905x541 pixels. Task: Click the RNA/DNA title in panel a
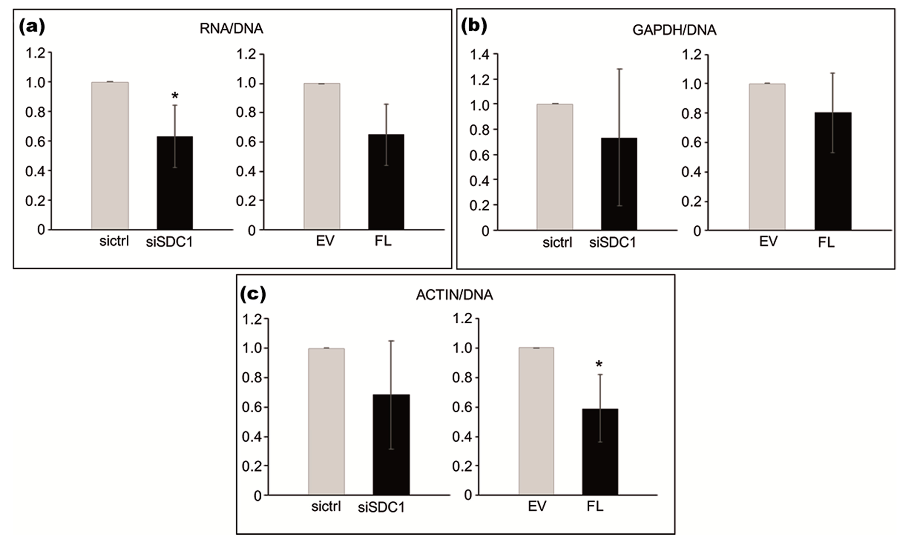(x=231, y=29)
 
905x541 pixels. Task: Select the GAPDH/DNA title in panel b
(x=674, y=30)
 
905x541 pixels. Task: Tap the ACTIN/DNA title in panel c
(x=454, y=295)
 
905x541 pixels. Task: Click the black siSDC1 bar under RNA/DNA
(x=175, y=183)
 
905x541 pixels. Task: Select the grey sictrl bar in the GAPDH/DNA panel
(x=554, y=167)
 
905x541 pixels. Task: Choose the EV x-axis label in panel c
(x=537, y=506)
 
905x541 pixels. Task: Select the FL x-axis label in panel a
(x=383, y=241)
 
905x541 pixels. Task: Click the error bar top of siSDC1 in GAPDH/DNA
(x=620, y=69)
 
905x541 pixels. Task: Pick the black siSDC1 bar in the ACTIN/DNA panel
(x=391, y=445)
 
